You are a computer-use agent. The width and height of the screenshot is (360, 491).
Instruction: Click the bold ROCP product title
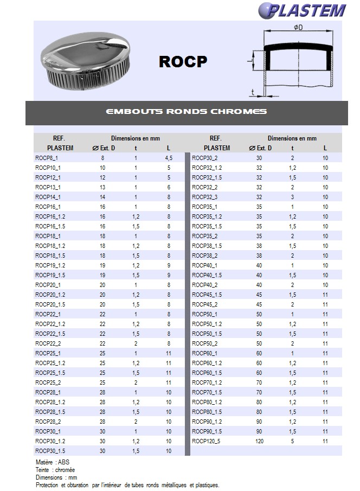[x=183, y=62]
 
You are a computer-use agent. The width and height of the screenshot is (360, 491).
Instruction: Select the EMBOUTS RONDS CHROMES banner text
[x=187, y=112]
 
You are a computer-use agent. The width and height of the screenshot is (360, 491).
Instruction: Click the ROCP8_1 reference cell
[x=47, y=158]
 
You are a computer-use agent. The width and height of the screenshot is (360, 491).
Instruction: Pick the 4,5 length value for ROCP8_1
[x=169, y=158]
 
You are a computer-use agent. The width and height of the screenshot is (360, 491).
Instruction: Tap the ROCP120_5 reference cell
[x=207, y=441]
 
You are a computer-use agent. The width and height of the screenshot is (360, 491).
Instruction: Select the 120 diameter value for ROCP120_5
[x=259, y=441]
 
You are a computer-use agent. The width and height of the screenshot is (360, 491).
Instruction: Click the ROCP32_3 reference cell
[x=205, y=197]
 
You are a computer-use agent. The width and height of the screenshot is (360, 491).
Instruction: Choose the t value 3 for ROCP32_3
[x=292, y=197]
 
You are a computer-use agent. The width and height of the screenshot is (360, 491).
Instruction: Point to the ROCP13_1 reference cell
[x=48, y=187]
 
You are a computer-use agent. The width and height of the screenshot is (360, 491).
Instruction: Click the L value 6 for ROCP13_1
[x=169, y=187]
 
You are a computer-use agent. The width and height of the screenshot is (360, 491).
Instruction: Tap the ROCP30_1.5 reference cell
[x=50, y=451]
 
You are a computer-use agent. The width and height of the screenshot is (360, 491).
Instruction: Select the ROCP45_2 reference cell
[x=205, y=304]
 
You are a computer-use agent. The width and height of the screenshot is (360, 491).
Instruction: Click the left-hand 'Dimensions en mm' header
[x=136, y=138]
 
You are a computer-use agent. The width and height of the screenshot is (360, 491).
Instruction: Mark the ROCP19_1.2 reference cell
[x=50, y=265]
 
